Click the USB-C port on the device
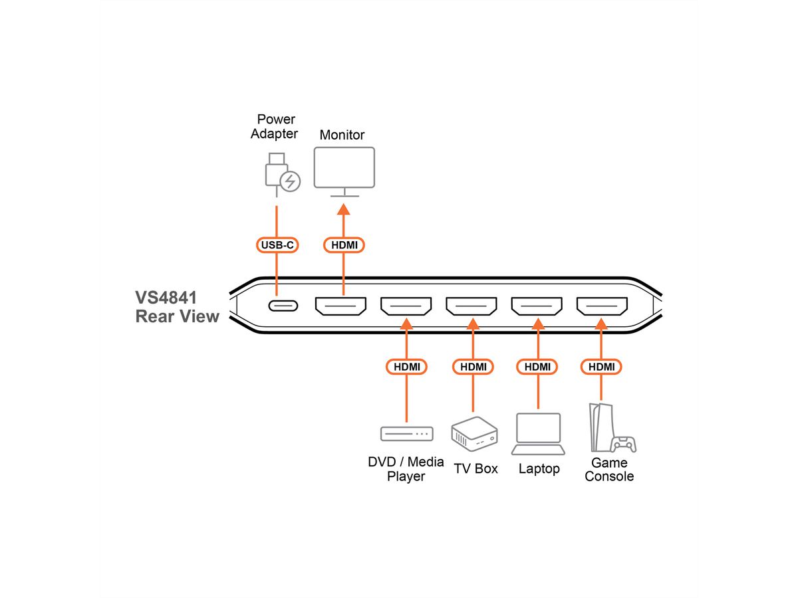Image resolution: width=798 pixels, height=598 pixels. point(283,306)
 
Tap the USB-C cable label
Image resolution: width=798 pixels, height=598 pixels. point(277,245)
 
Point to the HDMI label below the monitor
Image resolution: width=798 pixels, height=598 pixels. point(344,245)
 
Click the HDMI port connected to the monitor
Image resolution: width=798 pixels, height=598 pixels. point(341,306)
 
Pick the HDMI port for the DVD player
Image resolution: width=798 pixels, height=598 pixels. point(406,306)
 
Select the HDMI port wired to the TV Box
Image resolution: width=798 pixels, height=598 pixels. point(471,306)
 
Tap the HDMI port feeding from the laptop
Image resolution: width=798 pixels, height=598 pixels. point(537,306)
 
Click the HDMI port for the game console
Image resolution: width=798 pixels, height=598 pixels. point(602,306)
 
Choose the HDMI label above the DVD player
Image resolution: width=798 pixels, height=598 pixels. point(406,367)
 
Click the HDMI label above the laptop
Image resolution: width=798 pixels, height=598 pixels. point(537,367)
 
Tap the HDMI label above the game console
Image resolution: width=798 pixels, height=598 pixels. point(601,367)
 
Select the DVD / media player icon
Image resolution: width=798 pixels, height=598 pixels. point(406,434)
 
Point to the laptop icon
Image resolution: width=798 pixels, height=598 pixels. point(539,434)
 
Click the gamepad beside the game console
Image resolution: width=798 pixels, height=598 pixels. point(624,443)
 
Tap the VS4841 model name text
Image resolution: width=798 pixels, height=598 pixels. point(166,296)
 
